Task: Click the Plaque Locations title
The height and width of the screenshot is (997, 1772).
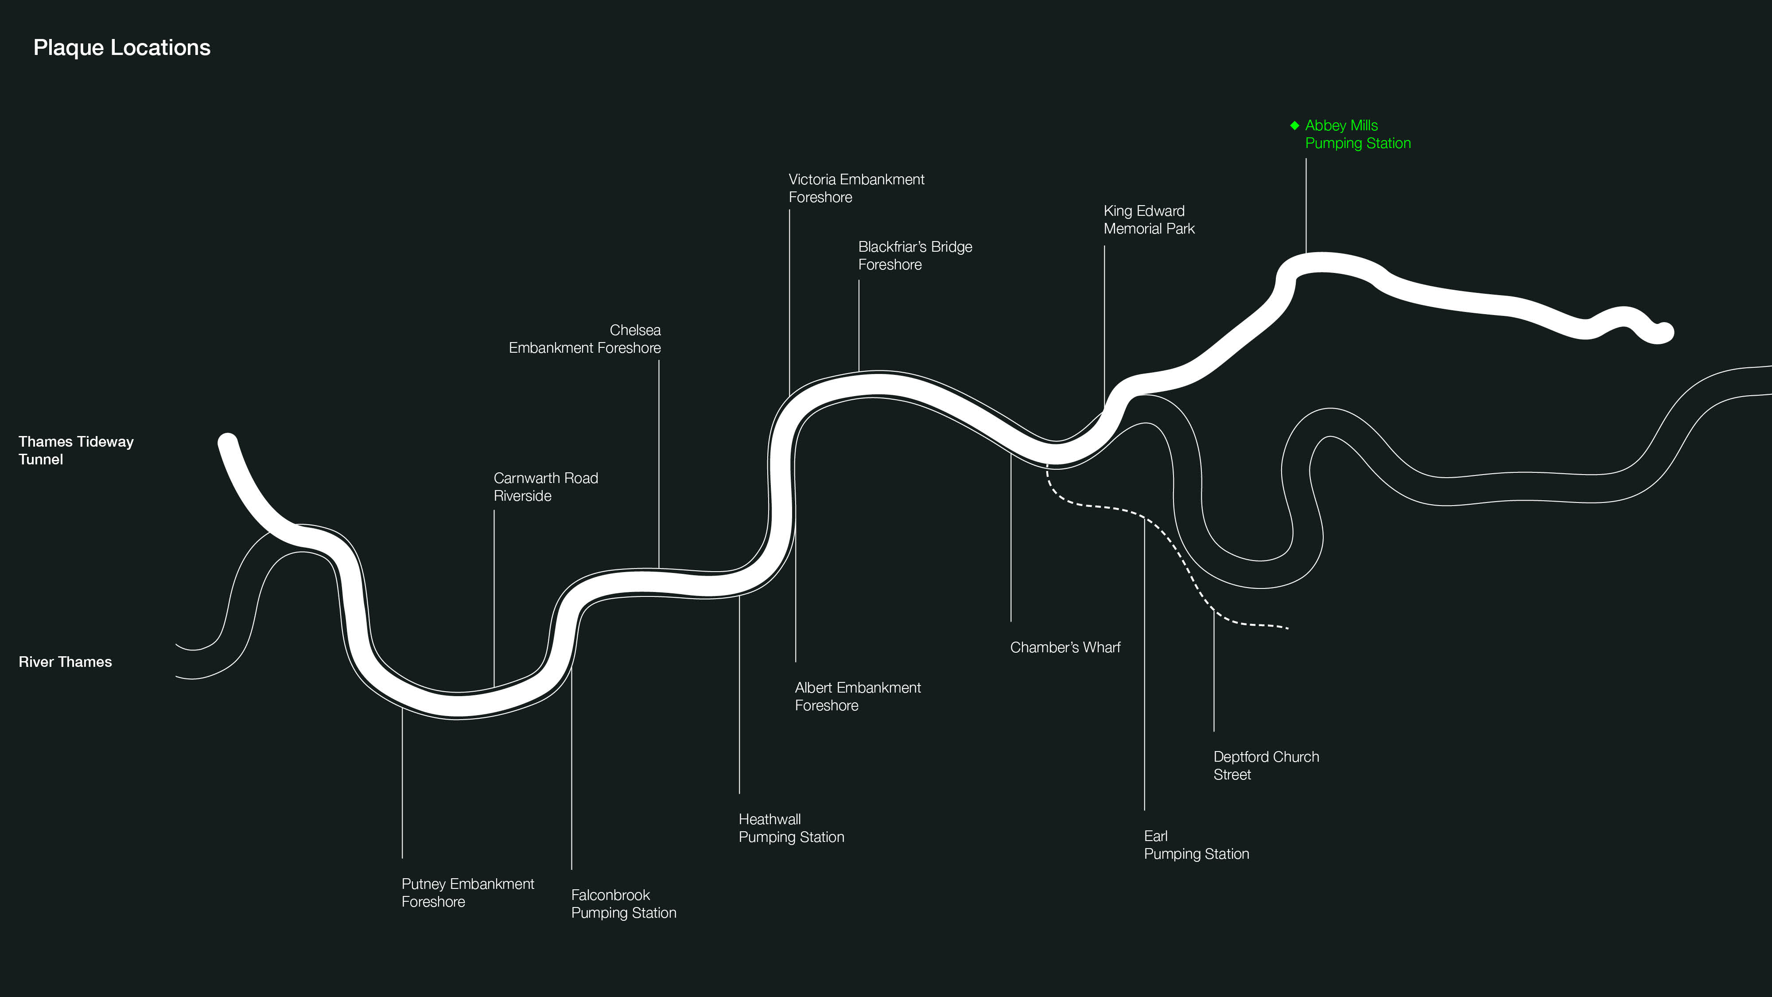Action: tap(122, 47)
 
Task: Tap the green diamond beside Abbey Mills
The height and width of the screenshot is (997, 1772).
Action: tap(1294, 125)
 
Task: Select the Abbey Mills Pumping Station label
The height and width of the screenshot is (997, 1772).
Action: tap(1357, 134)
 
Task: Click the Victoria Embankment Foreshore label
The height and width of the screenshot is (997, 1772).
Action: tap(856, 188)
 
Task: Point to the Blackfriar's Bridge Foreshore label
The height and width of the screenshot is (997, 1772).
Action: tap(915, 255)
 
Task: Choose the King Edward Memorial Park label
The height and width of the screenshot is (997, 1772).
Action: tap(1149, 219)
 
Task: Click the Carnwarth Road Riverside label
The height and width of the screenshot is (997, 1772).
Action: tap(545, 487)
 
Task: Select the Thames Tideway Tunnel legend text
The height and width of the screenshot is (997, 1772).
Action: tap(76, 450)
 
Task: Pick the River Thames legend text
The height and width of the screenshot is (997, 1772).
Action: tap(66, 662)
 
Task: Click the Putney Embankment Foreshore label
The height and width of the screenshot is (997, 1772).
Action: tap(468, 892)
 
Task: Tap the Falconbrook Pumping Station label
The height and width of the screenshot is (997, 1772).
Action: tap(623, 904)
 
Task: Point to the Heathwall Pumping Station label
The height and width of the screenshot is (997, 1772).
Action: tap(791, 828)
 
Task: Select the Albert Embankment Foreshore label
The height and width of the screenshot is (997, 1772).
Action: tap(857, 696)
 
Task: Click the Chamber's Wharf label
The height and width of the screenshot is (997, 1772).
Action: tap(1065, 647)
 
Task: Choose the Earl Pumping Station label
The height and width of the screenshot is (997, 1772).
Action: tap(1196, 845)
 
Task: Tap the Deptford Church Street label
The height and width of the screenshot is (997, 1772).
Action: tap(1266, 765)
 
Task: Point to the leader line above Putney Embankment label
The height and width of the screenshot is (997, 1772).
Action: tap(402, 784)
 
